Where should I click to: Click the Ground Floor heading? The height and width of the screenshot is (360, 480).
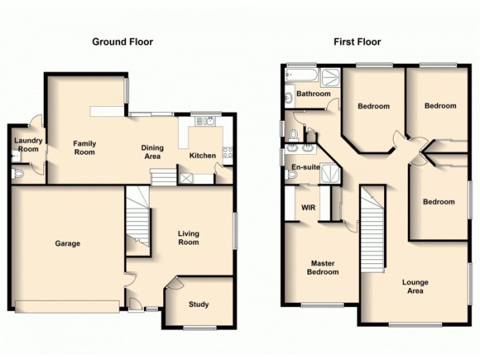click(122, 42)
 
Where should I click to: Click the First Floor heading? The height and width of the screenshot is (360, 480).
click(358, 42)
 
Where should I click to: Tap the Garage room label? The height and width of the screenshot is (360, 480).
click(68, 244)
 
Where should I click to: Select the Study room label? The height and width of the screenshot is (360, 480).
click(199, 305)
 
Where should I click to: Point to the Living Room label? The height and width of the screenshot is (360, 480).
click(188, 238)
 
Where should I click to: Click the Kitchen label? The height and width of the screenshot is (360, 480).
click(202, 156)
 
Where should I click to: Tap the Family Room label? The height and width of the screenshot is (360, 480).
click(84, 148)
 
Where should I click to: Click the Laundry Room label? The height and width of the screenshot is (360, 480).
click(26, 145)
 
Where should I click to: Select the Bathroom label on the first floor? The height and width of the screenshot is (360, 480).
click(313, 94)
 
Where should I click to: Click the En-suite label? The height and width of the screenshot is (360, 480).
click(304, 167)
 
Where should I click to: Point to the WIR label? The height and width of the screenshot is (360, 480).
click(308, 208)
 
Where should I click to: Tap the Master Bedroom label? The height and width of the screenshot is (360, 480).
click(323, 268)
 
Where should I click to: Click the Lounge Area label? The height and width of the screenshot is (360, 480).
click(415, 287)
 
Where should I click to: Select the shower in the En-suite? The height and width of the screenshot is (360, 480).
click(329, 173)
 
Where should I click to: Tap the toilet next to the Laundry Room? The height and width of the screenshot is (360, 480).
click(18, 175)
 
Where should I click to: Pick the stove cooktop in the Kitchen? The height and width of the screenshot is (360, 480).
click(228, 152)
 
